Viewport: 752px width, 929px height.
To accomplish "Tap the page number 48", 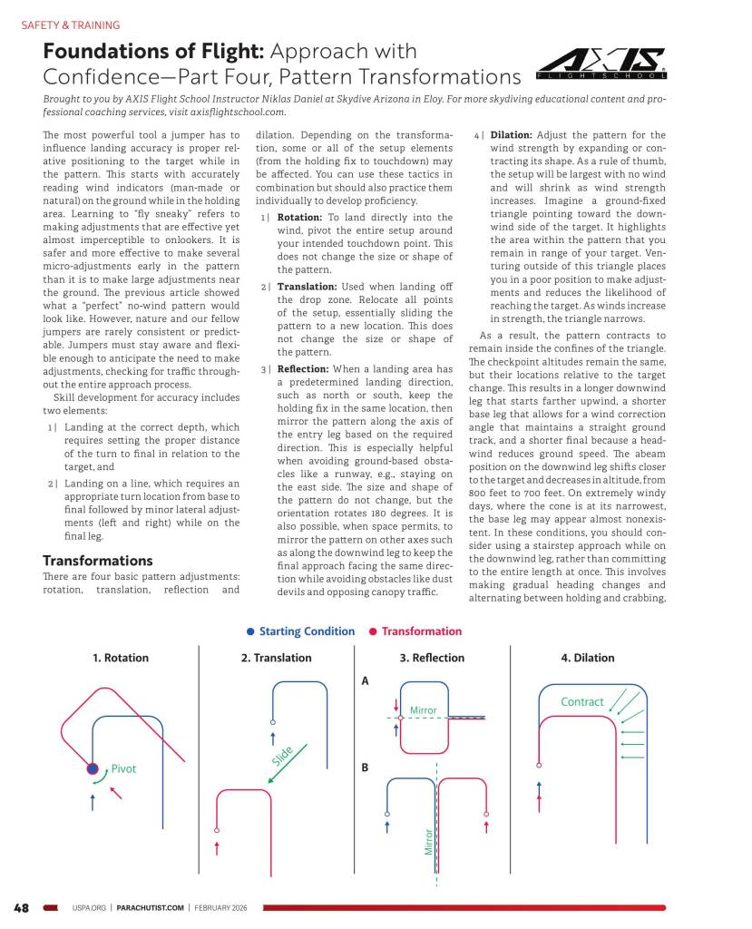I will [21, 907].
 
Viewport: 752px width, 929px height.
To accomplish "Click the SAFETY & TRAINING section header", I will [70, 25].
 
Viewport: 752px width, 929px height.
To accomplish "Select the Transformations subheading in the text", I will [97, 561].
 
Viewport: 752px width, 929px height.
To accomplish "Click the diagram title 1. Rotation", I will [121, 658].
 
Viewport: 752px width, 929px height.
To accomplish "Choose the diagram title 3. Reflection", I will [432, 658].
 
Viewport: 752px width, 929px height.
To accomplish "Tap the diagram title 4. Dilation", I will [588, 658].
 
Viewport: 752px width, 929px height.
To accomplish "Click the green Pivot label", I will [123, 768].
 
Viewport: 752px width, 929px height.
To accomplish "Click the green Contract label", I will [582, 701].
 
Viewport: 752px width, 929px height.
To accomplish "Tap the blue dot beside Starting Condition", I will [250, 631].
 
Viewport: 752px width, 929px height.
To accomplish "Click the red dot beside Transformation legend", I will [373, 631].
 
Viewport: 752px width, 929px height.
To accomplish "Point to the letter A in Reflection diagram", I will [365, 681].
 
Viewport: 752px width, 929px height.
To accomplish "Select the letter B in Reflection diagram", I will [365, 768].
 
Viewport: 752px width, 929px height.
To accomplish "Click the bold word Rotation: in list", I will [300, 218].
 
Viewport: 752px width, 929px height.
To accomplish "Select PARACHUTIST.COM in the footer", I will [151, 907].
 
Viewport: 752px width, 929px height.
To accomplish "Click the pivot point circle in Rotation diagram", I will [93, 768].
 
